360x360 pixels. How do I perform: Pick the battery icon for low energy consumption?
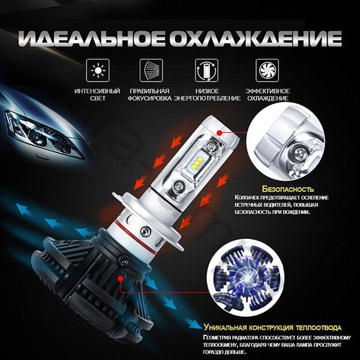(204, 70)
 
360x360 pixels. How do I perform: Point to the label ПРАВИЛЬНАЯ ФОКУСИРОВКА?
(149, 94)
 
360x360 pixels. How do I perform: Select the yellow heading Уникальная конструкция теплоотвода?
(273, 328)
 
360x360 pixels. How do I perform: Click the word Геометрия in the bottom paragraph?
(222, 337)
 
